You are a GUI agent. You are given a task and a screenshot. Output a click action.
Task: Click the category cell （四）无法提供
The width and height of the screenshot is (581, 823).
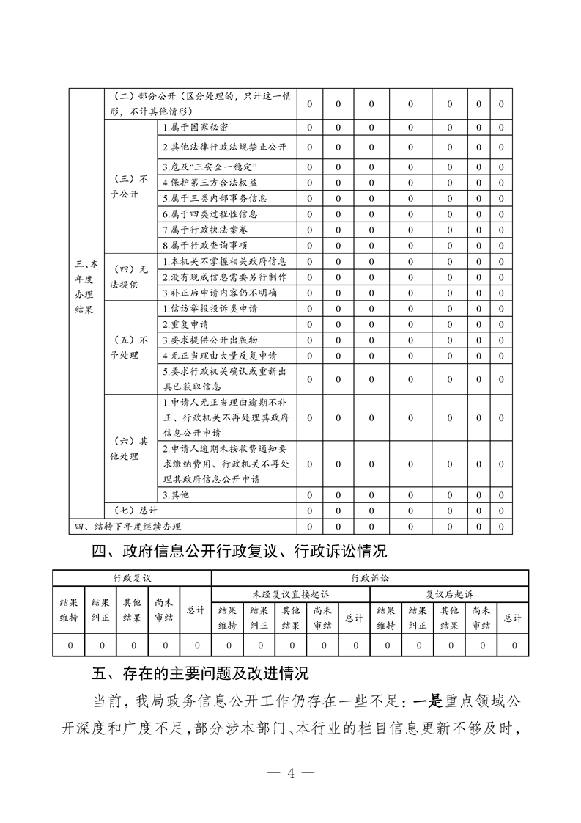click(x=130, y=277)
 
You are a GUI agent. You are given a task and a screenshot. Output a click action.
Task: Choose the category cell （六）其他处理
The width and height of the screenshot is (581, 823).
click(x=130, y=448)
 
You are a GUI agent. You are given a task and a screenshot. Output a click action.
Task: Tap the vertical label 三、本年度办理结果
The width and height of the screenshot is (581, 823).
click(x=86, y=286)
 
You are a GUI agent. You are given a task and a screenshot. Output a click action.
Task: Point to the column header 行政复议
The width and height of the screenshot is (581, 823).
click(x=132, y=578)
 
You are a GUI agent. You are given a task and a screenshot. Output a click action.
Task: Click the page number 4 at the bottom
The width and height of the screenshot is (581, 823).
click(x=291, y=772)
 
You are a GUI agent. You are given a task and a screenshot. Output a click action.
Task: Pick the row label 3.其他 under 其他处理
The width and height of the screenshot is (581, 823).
click(x=176, y=495)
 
